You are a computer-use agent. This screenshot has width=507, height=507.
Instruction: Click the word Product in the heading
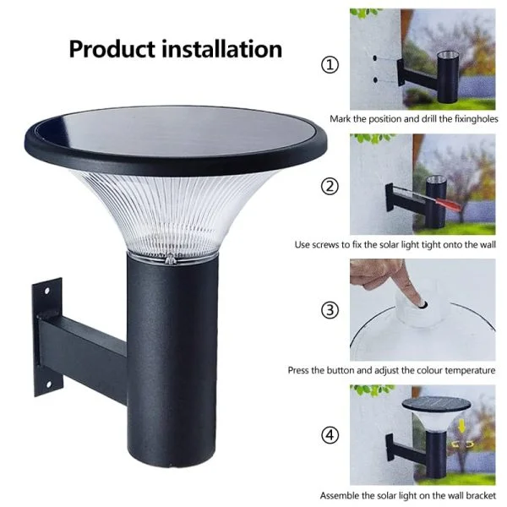pyautogui.click(x=112, y=50)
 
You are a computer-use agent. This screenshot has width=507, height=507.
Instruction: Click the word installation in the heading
pyautogui.click(x=221, y=49)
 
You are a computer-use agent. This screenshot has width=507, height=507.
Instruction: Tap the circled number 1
pyautogui.click(x=330, y=65)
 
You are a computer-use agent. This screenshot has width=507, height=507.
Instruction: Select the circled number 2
pyautogui.click(x=330, y=187)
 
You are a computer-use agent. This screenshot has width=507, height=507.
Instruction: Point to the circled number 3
pyautogui.click(x=330, y=310)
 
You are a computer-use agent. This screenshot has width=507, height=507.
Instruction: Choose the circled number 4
pyautogui.click(x=330, y=435)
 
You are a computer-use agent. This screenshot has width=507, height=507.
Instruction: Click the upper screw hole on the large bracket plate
pyautogui.click(x=46, y=291)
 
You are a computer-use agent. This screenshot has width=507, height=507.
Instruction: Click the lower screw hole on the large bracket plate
pyautogui.click(x=48, y=384)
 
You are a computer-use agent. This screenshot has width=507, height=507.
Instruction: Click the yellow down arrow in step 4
pyautogui.click(x=462, y=428)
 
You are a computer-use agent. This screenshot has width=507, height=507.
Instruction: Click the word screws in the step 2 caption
pyautogui.click(x=326, y=245)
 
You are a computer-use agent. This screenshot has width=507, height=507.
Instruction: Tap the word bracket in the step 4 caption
pyautogui.click(x=481, y=495)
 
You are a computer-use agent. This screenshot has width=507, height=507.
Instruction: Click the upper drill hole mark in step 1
pyautogui.click(x=374, y=58)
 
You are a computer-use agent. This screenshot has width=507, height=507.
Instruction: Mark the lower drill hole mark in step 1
pyautogui.click(x=375, y=79)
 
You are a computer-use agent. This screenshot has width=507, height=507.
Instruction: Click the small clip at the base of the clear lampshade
pyautogui.click(x=170, y=259)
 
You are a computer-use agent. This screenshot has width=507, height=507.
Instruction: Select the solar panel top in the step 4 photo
pyautogui.click(x=437, y=404)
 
